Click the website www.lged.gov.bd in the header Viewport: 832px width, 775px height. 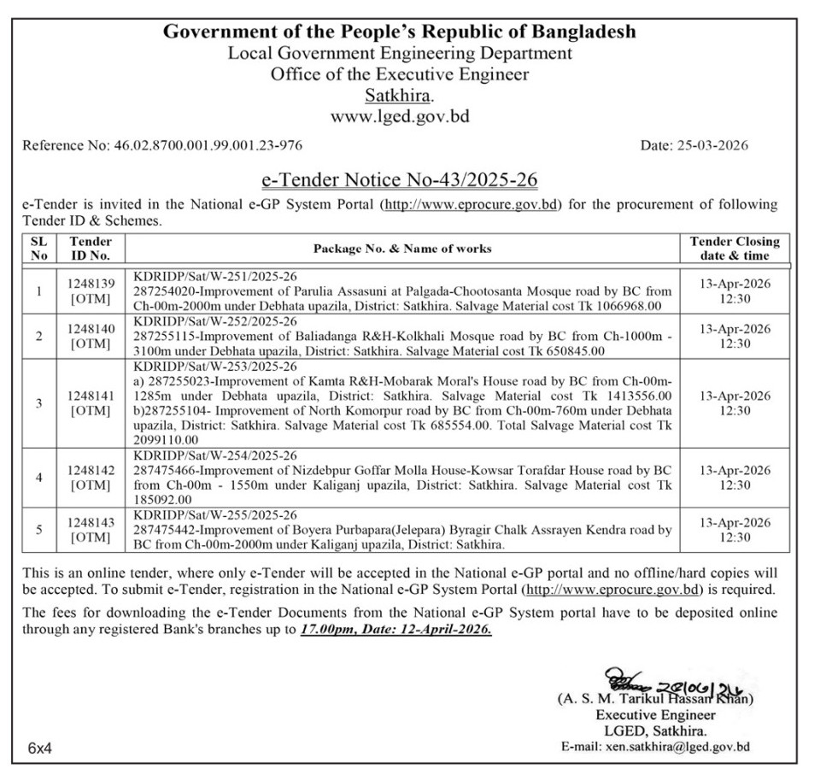[400, 115]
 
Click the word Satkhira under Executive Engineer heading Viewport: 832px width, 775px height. [398, 94]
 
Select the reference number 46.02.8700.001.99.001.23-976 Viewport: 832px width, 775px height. [208, 145]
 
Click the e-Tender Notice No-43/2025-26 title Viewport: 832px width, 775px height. [399, 181]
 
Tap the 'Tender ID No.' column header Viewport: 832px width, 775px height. [90, 248]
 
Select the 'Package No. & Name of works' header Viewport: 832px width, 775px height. [402, 249]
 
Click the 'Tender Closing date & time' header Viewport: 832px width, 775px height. [734, 248]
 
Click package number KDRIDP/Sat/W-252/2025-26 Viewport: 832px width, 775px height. [215, 321]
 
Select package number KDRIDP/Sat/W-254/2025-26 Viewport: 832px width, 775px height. [215, 456]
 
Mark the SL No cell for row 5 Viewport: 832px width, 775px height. [38, 530]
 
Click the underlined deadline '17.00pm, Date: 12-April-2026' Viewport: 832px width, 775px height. [395, 629]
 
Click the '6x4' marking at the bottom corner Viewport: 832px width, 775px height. [40, 748]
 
